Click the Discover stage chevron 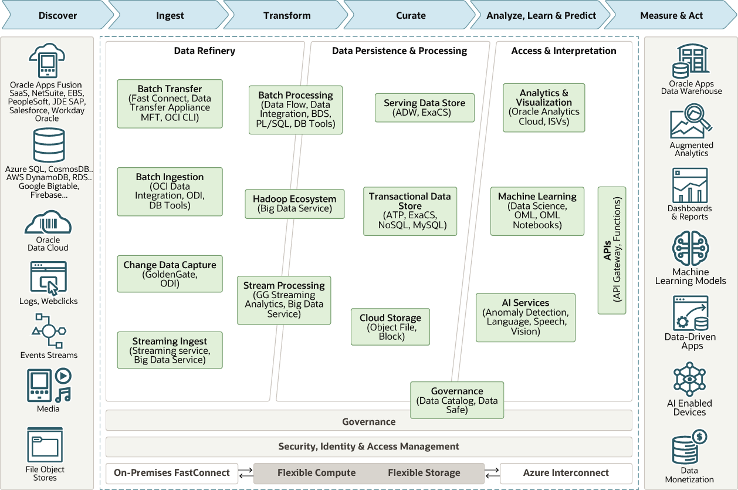coord(57,15)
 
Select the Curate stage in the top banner coord(411,15)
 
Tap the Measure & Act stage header coord(671,15)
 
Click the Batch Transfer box coord(170,103)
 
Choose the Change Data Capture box coord(170,273)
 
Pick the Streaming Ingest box coord(170,350)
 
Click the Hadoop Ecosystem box coord(294,204)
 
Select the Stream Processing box coord(284,300)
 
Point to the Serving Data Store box coord(424,107)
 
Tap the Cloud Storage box coord(390,327)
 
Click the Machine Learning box coord(537,211)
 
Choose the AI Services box coord(525,317)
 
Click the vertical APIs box coord(611,250)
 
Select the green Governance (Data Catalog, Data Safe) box coord(456,400)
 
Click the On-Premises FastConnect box coord(171,473)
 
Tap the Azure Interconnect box coord(566,473)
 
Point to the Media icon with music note coord(49,385)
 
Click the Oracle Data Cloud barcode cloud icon coord(48,222)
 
